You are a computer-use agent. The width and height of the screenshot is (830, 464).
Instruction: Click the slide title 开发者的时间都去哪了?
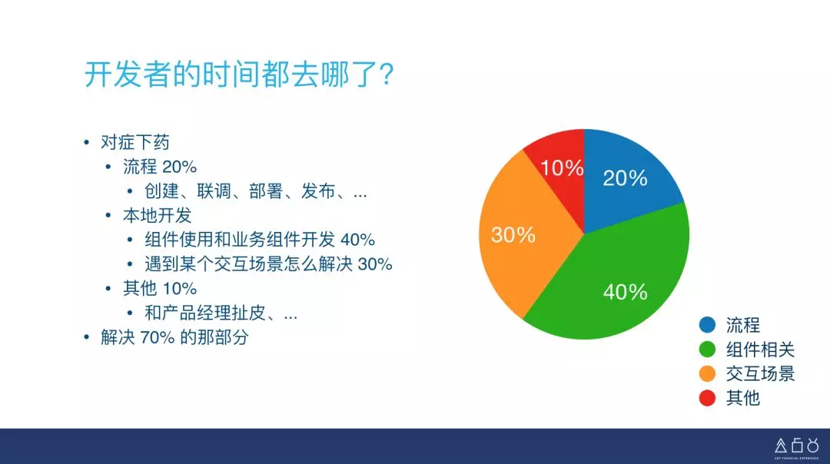[x=239, y=74]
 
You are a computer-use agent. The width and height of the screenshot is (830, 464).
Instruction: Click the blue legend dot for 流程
[x=707, y=324]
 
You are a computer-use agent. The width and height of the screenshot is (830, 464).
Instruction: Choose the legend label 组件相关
[x=760, y=350]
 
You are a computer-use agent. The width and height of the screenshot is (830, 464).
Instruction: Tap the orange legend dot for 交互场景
[x=707, y=373]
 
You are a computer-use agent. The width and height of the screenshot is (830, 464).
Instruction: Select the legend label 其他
[x=742, y=397]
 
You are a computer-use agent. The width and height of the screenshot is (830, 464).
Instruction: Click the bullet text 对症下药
[x=135, y=142]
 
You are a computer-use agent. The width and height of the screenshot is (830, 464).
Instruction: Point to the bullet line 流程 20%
[x=160, y=167]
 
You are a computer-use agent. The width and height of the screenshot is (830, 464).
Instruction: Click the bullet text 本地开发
[x=158, y=215]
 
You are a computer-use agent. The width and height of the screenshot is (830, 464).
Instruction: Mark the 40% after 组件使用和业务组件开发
[x=358, y=240]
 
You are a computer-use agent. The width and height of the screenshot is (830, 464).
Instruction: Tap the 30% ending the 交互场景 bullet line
[x=375, y=264]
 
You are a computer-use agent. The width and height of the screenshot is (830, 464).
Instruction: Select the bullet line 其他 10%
[x=160, y=288]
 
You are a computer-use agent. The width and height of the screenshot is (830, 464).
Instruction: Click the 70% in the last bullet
[x=158, y=337]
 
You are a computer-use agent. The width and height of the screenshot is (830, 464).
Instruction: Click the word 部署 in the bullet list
[x=266, y=191]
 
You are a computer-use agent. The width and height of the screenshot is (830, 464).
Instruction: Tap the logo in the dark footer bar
[x=797, y=446]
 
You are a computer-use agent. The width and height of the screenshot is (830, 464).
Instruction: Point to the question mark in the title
[x=387, y=74]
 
